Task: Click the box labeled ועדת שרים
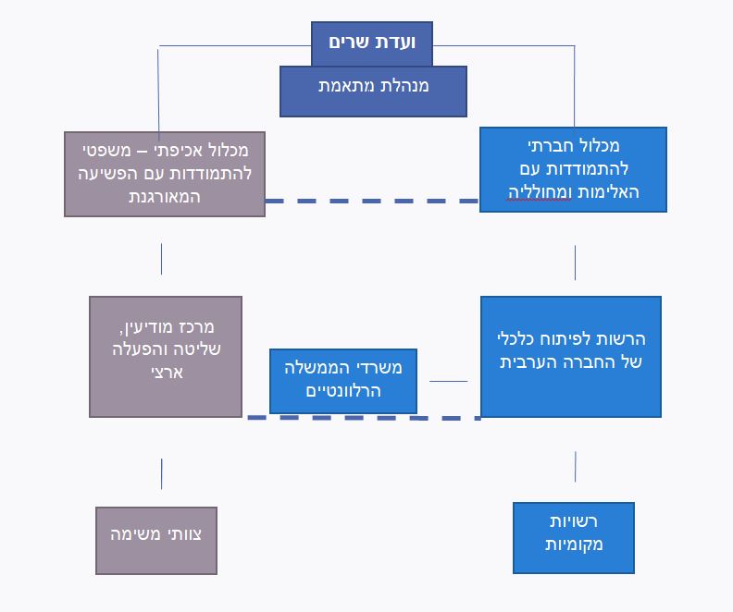pos(372,43)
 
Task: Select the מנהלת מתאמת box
pos(373,92)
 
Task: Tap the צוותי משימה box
pos(156,541)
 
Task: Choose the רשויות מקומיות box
pos(574,538)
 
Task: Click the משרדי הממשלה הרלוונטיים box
pos(343,381)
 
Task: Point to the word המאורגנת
pos(165,197)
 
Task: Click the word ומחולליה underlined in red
pos(540,192)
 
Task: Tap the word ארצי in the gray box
pos(167,372)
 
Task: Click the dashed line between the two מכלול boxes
pos(372,201)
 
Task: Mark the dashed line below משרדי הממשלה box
pos(364,418)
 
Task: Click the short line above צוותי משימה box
pos(161,474)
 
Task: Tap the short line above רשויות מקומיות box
pos(575,466)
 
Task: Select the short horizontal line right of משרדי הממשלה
pos(448,381)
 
